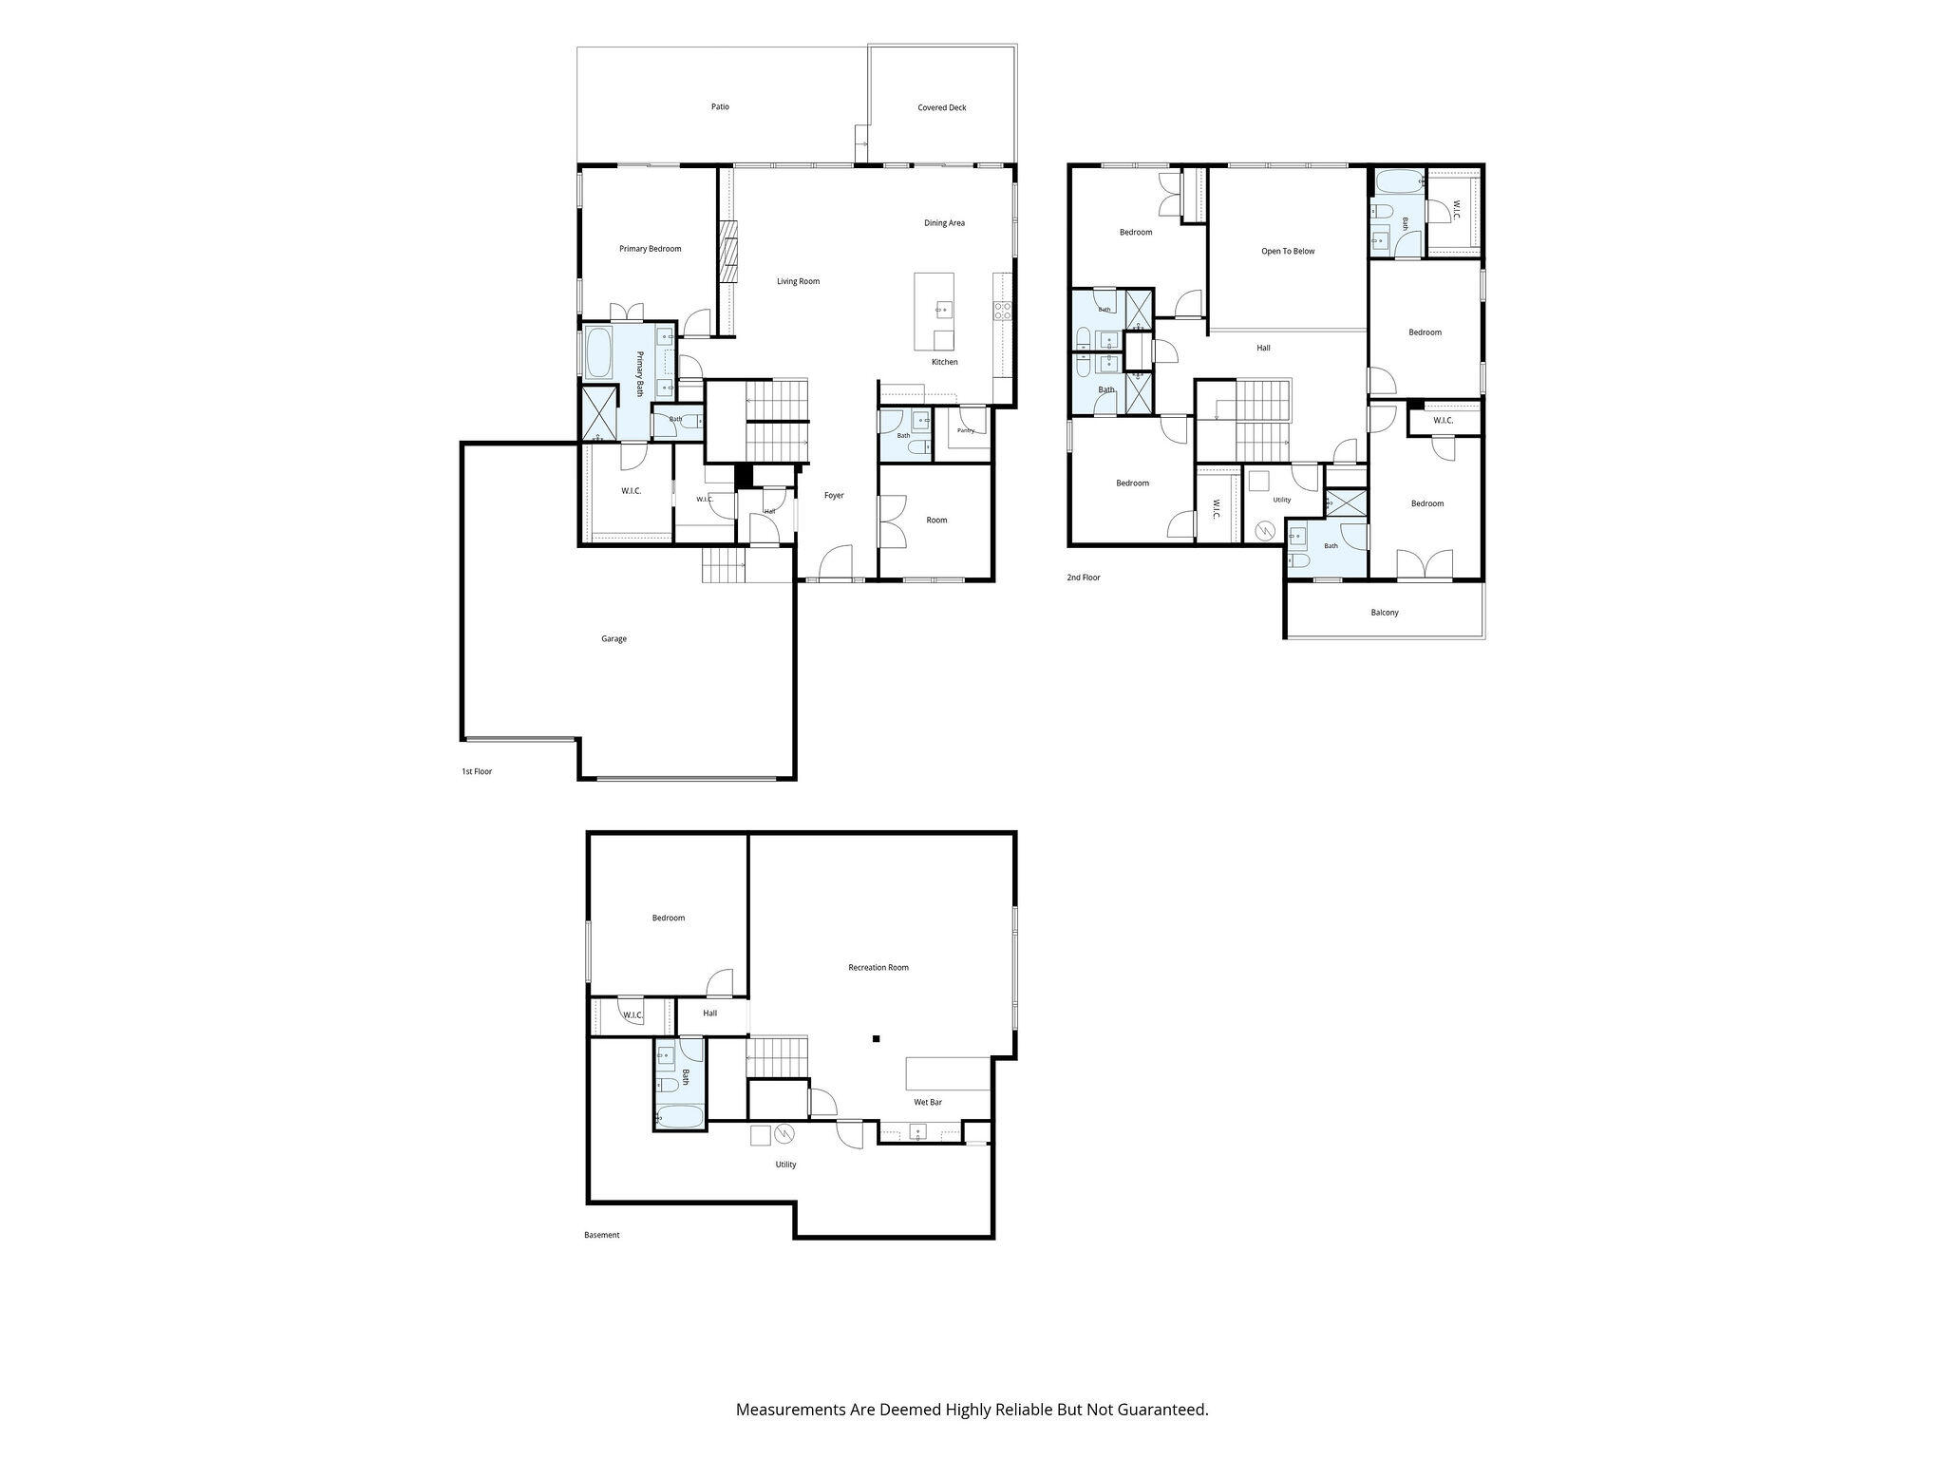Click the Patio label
coord(720,107)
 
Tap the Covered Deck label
coord(941,108)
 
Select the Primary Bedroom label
coord(650,249)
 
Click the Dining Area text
coord(944,223)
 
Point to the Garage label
coord(614,639)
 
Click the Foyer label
coord(834,496)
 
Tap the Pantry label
coord(965,431)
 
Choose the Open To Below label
coord(1287,252)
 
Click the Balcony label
coord(1384,613)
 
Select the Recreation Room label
coord(878,968)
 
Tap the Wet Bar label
coord(928,1103)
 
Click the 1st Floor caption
coord(477,772)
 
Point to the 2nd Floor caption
coord(1084,578)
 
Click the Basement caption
coord(601,1236)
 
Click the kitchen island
coord(934,312)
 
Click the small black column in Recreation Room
coord(876,1038)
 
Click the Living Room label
coord(798,281)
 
